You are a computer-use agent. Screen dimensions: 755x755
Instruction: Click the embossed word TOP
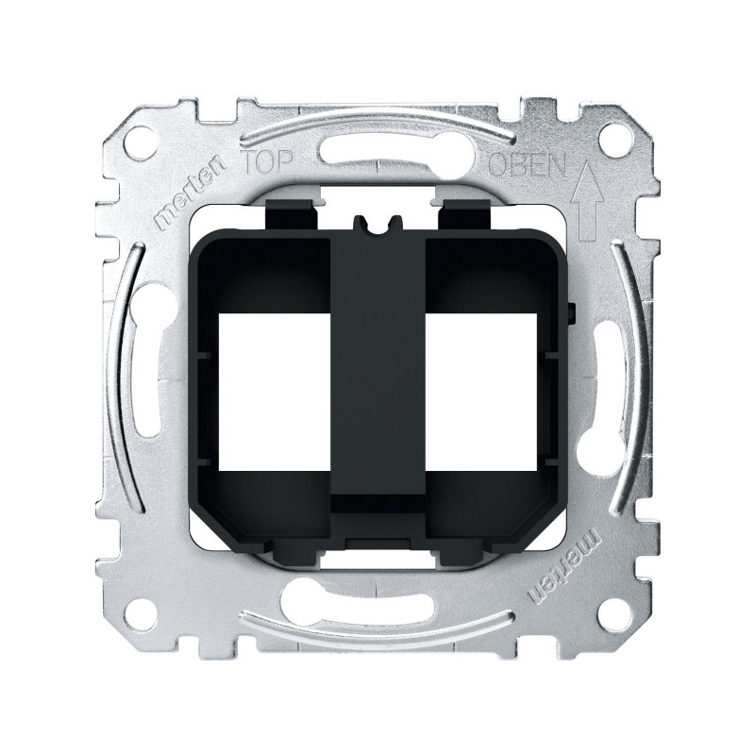click(x=267, y=163)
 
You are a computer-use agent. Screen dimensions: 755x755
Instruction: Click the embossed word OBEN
click(x=528, y=166)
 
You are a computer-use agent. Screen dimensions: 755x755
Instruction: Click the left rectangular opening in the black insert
click(x=275, y=392)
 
